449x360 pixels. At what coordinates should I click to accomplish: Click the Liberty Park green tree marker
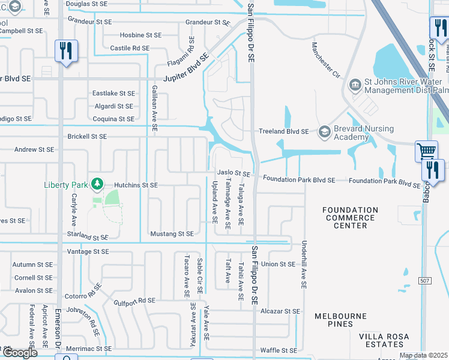coord(95,184)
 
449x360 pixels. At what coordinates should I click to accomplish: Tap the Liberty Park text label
coord(66,185)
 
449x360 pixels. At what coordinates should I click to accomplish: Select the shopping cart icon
coord(426,151)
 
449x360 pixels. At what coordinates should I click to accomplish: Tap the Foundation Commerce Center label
coord(350,218)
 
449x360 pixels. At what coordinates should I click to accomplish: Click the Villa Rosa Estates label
coord(381,340)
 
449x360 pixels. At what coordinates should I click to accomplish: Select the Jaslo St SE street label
coord(234,173)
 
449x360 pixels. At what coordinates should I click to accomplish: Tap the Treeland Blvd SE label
coord(283,131)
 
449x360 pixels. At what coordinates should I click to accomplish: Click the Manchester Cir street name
coord(326,61)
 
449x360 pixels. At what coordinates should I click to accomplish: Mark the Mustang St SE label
coord(172,233)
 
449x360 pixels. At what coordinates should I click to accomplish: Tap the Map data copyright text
coord(424,355)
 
